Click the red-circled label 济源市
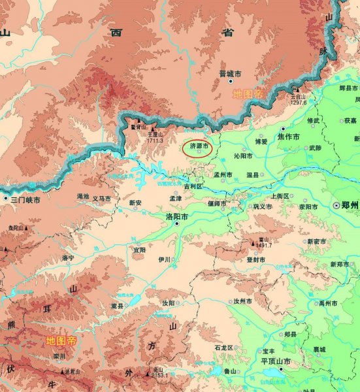(198, 148)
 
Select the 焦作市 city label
(288, 137)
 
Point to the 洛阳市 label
(179, 216)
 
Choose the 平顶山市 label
(275, 360)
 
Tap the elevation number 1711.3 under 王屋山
(155, 140)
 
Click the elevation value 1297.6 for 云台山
(298, 101)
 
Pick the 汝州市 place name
(243, 301)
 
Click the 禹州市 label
(325, 304)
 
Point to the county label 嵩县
(118, 305)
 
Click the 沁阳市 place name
(243, 157)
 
